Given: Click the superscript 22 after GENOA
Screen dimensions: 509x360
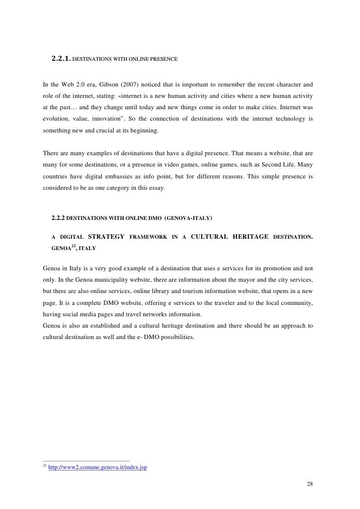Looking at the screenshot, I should (72, 246).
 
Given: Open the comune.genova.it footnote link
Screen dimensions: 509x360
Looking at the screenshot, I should (97, 467).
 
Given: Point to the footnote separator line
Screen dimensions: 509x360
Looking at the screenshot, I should (87, 461).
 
